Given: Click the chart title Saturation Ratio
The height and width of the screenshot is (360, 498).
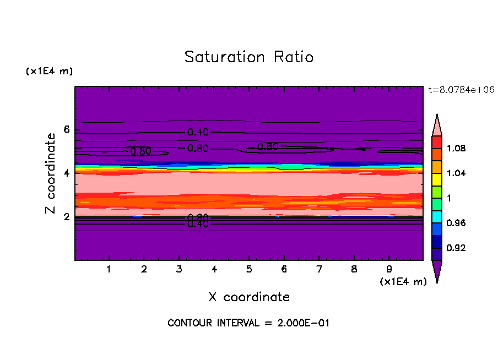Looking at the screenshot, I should (x=248, y=57).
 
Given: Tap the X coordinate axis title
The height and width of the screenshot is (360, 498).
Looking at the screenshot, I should (x=249, y=297).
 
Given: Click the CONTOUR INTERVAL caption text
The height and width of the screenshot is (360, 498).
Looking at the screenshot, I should (x=248, y=323).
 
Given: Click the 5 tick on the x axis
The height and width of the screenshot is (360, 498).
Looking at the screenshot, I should (x=249, y=270).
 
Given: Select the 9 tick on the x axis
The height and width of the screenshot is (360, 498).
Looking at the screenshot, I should (x=389, y=270).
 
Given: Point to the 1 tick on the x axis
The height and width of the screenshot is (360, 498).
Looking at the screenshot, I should (x=109, y=270).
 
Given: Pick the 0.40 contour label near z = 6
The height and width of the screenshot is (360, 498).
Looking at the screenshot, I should (x=198, y=132).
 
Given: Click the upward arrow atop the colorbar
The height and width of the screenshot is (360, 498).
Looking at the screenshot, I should (x=437, y=124).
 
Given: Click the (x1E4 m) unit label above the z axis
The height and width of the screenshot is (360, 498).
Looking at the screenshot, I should (x=49, y=72).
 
